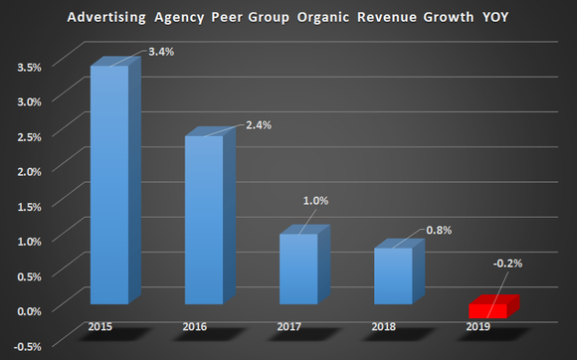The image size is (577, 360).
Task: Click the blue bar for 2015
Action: coord(109,184)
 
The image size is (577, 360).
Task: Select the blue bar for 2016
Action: coord(205,219)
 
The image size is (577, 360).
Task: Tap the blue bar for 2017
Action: coord(298,269)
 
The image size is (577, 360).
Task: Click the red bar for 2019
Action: coord(487,310)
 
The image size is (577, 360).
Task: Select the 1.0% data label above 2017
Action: coord(315,200)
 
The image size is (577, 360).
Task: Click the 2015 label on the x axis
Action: coord(99,326)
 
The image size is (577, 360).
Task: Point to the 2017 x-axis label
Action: coord(288,326)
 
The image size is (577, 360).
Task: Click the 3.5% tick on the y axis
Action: coord(30,68)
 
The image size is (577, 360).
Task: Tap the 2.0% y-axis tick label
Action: coord(30,172)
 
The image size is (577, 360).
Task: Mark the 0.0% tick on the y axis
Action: coord(30,310)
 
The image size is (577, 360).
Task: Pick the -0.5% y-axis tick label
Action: coord(28,346)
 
